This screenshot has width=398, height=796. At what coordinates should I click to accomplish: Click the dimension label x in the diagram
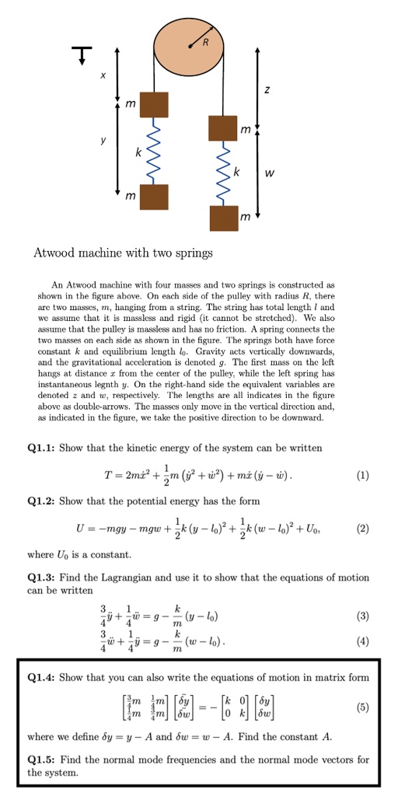102,75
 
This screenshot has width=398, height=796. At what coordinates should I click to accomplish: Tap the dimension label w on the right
269,173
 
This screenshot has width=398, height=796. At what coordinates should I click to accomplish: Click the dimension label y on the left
102,142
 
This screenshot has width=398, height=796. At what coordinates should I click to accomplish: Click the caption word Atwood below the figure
57,253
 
